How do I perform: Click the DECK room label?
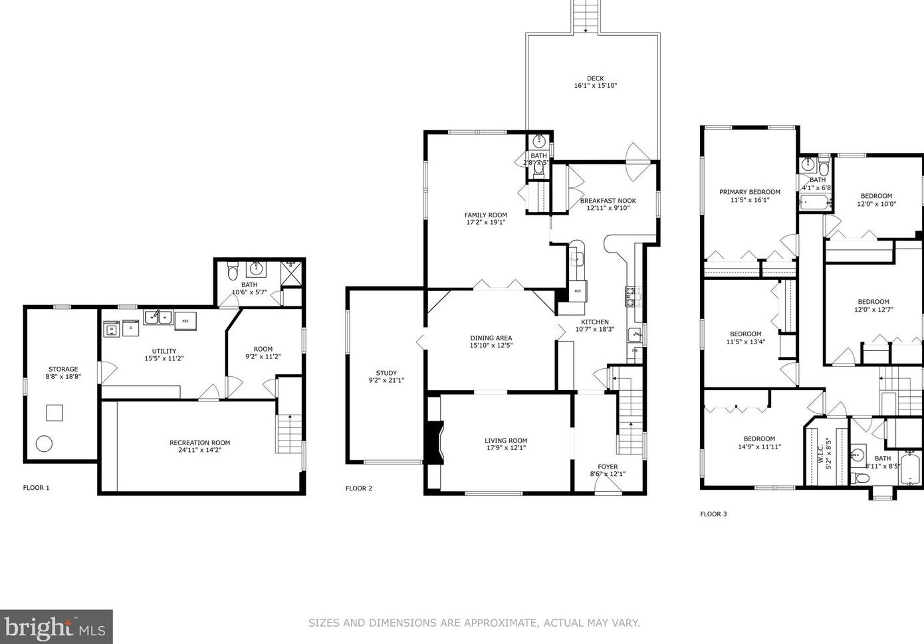click(595, 78)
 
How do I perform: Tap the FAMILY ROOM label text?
click(485, 215)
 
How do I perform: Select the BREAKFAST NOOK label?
click(608, 200)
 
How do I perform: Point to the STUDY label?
click(386, 373)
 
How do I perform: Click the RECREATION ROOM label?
click(199, 443)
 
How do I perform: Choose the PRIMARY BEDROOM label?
click(749, 192)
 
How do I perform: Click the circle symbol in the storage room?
click(45, 444)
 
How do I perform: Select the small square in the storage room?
click(55, 413)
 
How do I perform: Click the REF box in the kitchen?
click(577, 291)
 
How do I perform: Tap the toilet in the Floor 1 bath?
click(232, 272)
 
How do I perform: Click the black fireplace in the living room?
click(433, 442)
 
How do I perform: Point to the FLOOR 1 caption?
click(36, 488)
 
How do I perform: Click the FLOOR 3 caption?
click(713, 514)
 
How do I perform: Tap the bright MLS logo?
click(56, 627)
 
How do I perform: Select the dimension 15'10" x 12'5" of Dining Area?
click(491, 346)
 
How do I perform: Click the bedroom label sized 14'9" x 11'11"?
click(759, 439)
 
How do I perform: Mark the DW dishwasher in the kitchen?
click(635, 351)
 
